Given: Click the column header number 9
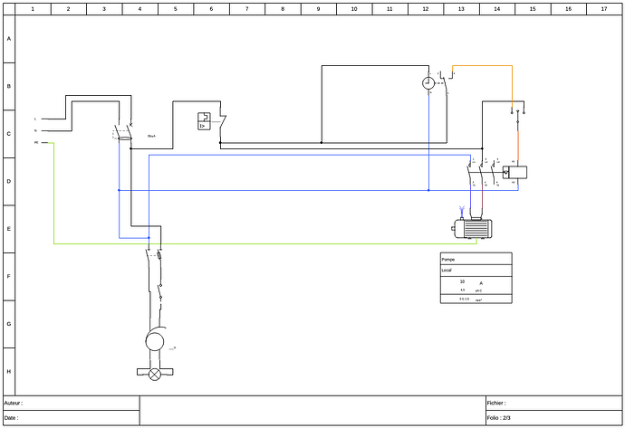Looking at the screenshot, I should pos(318,8).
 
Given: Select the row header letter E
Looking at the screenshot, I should pos(9,229).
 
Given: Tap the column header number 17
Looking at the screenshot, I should pos(603,8).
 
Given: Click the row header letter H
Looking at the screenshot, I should pos(9,371).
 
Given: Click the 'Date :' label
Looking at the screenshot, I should pos(12,418).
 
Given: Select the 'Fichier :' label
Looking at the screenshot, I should pos(496,403).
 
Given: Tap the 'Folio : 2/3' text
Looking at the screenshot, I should pos(499,418).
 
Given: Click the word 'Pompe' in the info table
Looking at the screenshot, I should pos(448,259).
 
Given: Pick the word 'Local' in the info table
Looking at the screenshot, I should pos(447,271).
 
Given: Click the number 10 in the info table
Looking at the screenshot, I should pos(462,281).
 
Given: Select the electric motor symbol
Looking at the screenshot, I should pos(473,229).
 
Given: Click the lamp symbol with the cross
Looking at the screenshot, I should pos(154,373).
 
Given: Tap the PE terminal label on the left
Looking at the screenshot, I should pos(36,143).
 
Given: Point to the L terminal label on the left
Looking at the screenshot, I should pos(35,119).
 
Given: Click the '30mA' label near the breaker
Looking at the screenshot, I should pos(151,137).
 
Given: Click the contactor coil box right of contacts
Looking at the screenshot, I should pos(517,172).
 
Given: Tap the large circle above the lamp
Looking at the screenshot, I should pos(154,341).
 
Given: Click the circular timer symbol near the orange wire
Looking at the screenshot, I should pos(428,83).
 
